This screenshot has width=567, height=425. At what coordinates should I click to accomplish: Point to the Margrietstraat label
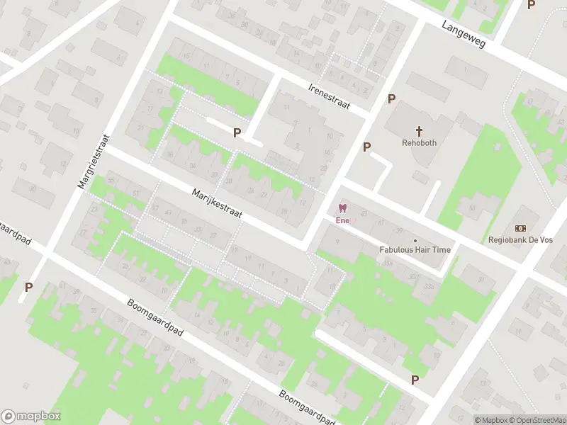[94, 161]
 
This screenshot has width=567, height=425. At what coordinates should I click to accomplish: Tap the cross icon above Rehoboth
[419, 131]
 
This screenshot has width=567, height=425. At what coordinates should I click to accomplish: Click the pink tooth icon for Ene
[343, 209]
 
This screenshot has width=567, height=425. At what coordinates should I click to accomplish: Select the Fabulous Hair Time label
[415, 249]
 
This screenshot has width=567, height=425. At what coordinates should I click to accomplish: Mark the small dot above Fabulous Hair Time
[415, 240]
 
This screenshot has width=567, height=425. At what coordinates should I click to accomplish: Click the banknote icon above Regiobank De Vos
[521, 227]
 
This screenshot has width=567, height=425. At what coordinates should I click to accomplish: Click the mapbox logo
[31, 416]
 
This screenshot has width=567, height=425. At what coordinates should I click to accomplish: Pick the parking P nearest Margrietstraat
[29, 287]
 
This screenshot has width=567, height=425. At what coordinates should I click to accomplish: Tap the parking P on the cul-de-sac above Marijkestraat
[237, 132]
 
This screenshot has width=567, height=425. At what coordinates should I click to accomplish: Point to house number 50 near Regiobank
[471, 208]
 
